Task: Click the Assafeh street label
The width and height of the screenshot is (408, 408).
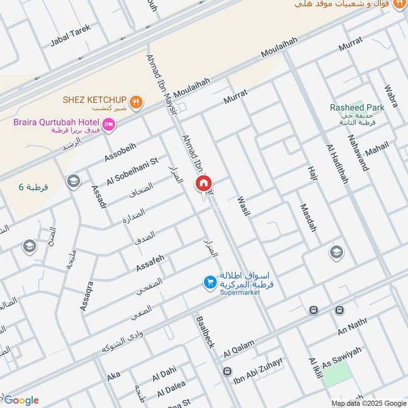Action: coord(150,263)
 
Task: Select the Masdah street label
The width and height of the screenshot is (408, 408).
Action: coord(309,218)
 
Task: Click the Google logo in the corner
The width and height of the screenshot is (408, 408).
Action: coord(21,400)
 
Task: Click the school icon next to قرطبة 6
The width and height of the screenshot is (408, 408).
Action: coord(73,181)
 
